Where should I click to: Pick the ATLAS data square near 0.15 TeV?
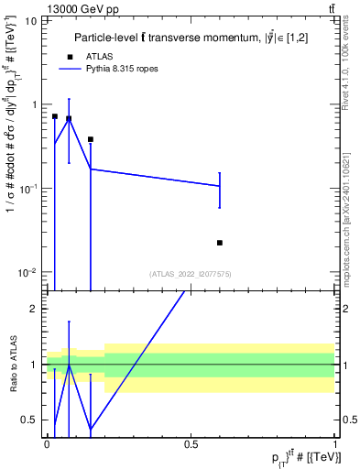click(x=91, y=139)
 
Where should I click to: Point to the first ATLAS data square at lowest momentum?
click(x=55, y=116)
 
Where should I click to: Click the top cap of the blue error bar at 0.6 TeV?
click(x=220, y=172)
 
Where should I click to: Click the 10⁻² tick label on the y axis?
click(x=27, y=272)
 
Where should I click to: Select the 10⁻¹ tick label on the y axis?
click(x=27, y=189)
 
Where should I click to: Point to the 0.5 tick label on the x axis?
click(x=191, y=443)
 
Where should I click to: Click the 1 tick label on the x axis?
click(x=335, y=443)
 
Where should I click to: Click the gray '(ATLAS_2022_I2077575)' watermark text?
click(x=191, y=273)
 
